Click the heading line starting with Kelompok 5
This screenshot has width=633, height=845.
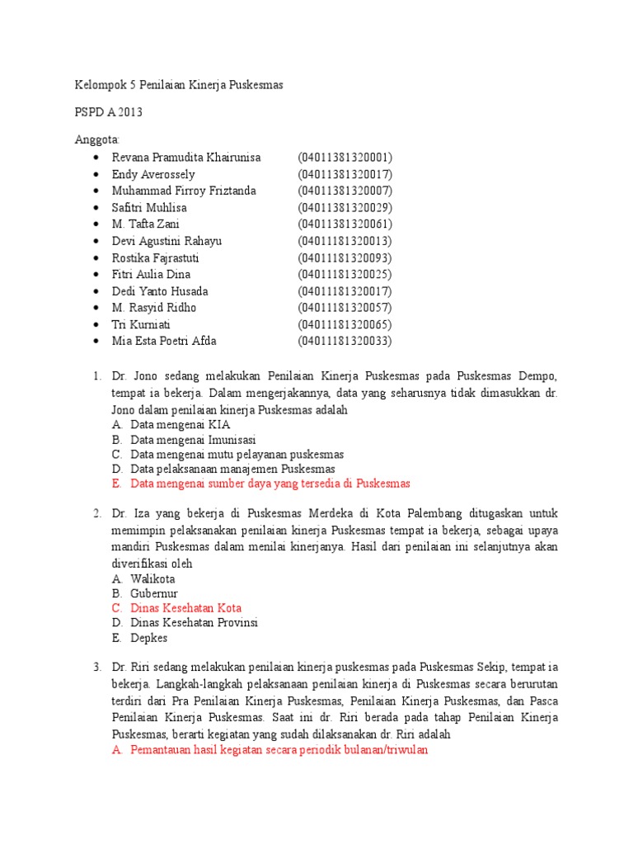[x=179, y=86]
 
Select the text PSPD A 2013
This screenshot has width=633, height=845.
[x=111, y=113]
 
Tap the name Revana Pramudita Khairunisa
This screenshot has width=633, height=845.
[x=186, y=157]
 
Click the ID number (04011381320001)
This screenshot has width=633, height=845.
[x=345, y=157]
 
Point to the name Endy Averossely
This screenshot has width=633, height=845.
[x=153, y=174]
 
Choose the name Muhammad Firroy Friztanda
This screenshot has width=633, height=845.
[x=184, y=191]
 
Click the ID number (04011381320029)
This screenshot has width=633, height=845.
[x=345, y=207]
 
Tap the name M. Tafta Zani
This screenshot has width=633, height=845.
[x=146, y=224]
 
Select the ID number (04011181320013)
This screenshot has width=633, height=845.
[x=345, y=241]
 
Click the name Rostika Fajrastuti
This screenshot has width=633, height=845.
[x=156, y=257]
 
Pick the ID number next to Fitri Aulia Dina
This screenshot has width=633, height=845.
[x=345, y=274]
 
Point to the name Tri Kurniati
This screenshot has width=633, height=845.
[x=143, y=324]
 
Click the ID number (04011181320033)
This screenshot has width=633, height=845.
[x=345, y=341]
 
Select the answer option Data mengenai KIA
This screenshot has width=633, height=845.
[x=181, y=424]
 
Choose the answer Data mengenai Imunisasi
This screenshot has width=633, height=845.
[x=193, y=440]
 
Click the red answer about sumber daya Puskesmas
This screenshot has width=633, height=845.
[x=270, y=484]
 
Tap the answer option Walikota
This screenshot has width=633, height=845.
[x=152, y=578]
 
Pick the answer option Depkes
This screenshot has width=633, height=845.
[x=148, y=638]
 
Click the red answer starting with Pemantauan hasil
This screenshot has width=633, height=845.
[x=279, y=751]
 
